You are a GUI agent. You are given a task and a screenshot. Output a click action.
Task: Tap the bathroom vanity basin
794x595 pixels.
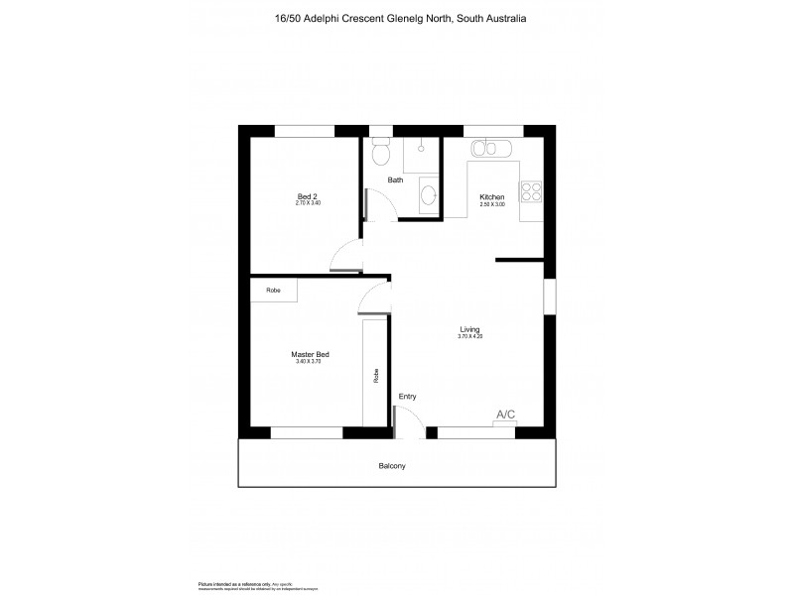[428, 194]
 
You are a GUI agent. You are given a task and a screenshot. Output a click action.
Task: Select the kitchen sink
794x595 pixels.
[491, 149]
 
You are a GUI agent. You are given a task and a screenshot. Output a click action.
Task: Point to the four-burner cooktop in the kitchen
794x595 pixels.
[532, 190]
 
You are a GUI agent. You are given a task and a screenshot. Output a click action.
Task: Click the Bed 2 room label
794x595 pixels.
[308, 195]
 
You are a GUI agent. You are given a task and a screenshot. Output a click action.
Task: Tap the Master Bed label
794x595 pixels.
[309, 354]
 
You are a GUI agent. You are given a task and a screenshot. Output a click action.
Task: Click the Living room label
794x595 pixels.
[470, 329]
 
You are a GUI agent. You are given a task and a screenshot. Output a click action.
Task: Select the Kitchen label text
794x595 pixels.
[492, 196]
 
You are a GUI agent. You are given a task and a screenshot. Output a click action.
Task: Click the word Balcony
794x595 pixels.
[392, 465]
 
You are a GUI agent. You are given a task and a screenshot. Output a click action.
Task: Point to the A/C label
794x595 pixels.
[505, 415]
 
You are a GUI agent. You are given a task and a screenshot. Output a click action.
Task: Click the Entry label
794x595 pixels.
[407, 397]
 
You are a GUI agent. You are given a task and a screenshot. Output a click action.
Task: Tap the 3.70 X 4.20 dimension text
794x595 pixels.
[470, 337]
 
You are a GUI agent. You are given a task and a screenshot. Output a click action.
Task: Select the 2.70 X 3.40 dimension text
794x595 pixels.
[308, 203]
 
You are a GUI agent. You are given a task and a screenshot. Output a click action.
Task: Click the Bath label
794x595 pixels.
[395, 180]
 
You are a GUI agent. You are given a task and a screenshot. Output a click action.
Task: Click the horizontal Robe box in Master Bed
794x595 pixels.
[273, 291]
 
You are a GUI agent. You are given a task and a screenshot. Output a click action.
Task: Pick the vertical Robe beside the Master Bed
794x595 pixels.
[375, 375]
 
